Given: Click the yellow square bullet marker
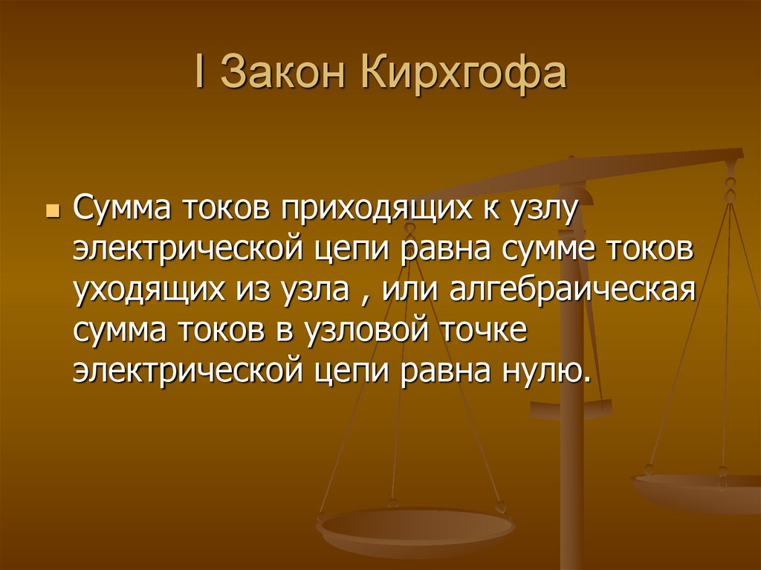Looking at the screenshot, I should coord(51,213).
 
